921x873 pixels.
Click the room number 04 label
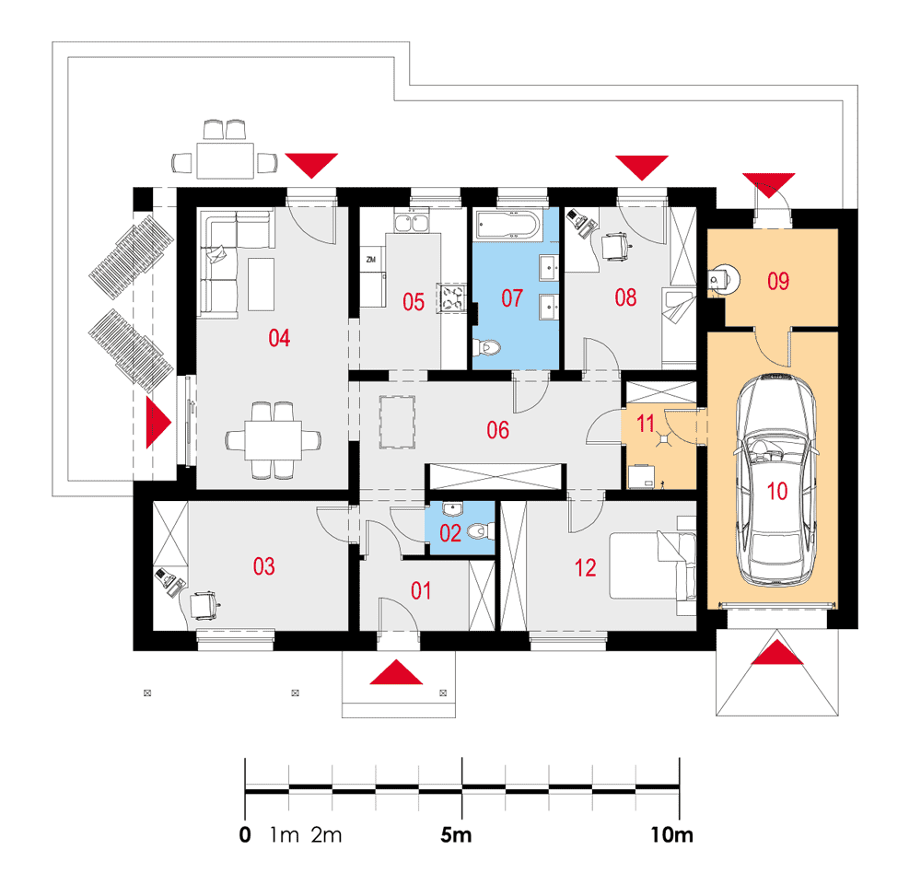click(x=279, y=338)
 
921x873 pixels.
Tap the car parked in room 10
click(x=775, y=480)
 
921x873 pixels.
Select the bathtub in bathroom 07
click(x=508, y=226)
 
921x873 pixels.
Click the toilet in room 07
click(x=486, y=347)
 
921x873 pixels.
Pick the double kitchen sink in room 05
click(x=412, y=223)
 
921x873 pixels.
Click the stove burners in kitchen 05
click(x=451, y=297)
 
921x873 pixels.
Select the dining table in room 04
click(x=274, y=439)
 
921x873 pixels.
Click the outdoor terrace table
click(x=225, y=160)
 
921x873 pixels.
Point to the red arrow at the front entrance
click(x=396, y=672)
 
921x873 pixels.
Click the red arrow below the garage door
click(x=777, y=652)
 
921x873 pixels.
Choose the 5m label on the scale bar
click(x=456, y=835)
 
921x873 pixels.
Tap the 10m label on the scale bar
click(x=671, y=835)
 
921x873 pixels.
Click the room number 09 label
click(x=778, y=282)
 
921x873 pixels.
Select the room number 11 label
click(x=646, y=423)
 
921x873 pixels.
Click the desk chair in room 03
click(x=204, y=604)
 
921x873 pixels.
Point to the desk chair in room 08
click(x=615, y=246)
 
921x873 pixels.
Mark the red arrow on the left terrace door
click(x=158, y=423)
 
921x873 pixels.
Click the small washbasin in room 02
click(x=452, y=508)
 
